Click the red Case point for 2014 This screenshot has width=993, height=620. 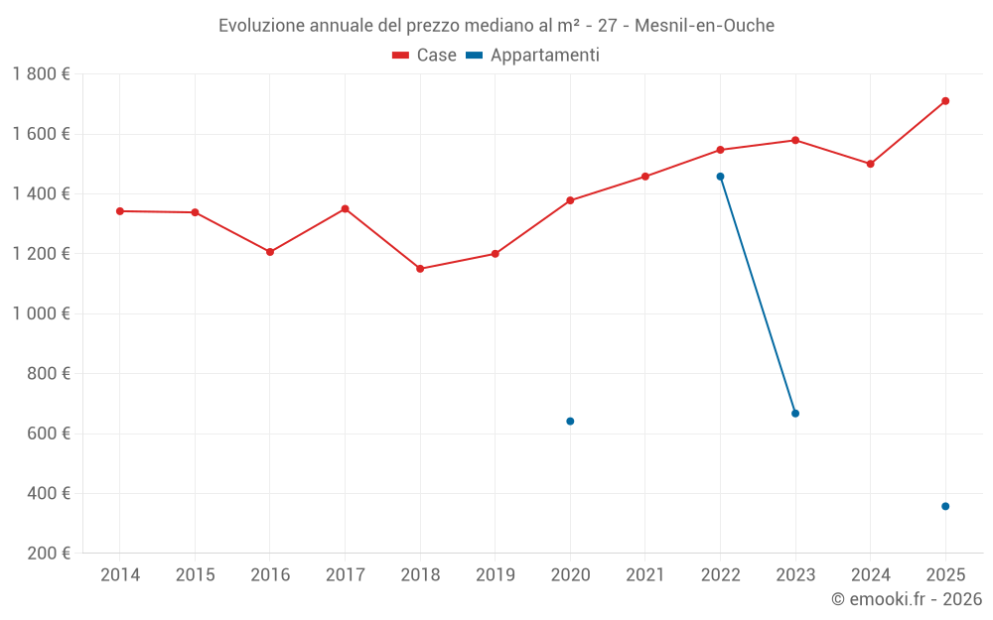(x=120, y=211)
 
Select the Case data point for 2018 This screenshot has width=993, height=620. (x=420, y=269)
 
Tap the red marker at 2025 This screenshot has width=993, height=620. (x=945, y=101)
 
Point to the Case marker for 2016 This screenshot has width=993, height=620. (x=270, y=252)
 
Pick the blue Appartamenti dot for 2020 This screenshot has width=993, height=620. (x=570, y=422)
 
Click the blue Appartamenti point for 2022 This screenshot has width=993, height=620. (x=720, y=177)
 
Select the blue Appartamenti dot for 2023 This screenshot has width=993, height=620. (x=795, y=414)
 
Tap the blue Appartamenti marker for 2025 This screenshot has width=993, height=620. (x=945, y=507)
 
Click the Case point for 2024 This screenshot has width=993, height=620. (x=871, y=164)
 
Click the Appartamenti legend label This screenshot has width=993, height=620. (x=544, y=56)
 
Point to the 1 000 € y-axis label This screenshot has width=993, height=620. (x=41, y=313)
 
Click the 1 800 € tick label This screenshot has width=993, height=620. (x=41, y=74)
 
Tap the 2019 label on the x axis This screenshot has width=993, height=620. (x=496, y=575)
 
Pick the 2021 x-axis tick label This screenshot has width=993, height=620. (x=645, y=575)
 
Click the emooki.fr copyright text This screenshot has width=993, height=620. (x=907, y=599)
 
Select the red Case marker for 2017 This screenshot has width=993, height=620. (x=345, y=209)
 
